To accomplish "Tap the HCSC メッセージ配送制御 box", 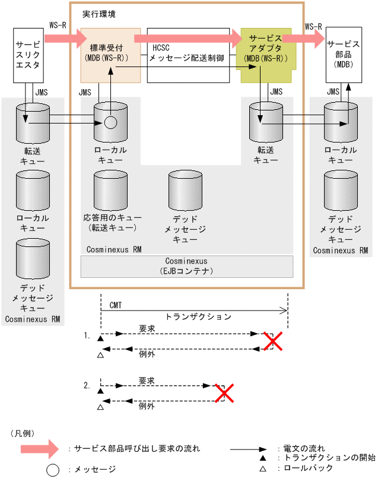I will point(188,55).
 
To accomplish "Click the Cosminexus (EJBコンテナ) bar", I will point(187,265).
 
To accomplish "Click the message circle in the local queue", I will point(110,123).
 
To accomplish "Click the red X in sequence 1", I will point(272,341).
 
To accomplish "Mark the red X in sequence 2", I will point(223,392).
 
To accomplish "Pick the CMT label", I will point(116,305).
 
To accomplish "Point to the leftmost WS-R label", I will point(58,26).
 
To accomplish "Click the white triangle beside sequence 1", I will point(100,356).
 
